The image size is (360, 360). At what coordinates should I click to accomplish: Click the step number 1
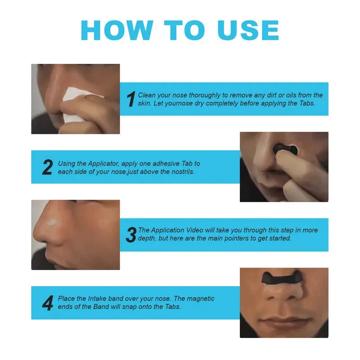click(x=131, y=99)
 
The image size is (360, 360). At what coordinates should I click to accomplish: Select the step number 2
click(x=47, y=167)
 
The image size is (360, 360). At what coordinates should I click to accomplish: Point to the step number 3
click(x=131, y=234)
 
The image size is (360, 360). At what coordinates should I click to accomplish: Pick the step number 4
click(x=47, y=303)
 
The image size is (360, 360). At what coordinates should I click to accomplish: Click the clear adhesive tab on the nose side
click(x=55, y=222)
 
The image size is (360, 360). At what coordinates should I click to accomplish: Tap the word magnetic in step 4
click(x=200, y=299)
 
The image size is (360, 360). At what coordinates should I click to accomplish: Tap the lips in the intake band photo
click(x=283, y=322)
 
